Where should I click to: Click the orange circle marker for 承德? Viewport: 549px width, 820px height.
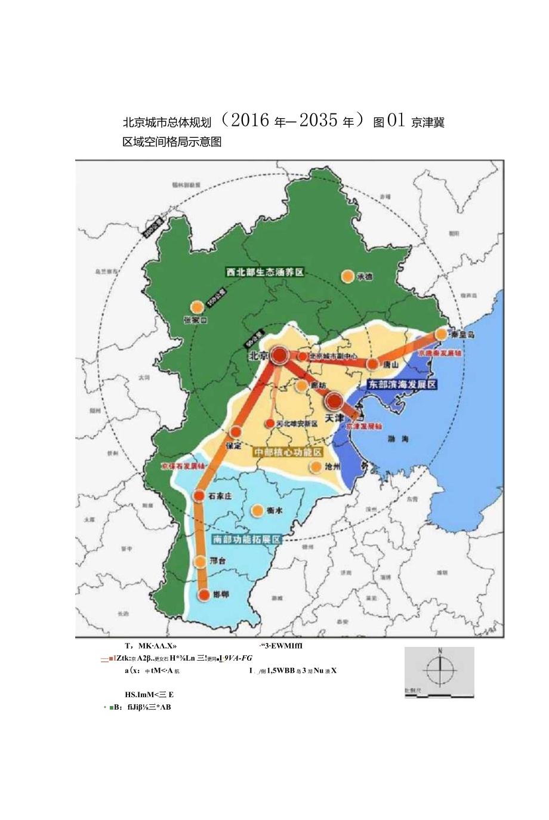click(347, 276)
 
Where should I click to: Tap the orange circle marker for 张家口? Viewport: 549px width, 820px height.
click(196, 307)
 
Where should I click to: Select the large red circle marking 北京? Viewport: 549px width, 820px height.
click(279, 356)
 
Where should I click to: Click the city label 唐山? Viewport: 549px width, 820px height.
click(391, 364)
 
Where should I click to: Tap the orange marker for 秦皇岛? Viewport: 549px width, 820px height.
click(441, 334)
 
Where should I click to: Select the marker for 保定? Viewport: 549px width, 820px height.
click(237, 431)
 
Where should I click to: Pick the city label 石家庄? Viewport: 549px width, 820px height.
click(220, 496)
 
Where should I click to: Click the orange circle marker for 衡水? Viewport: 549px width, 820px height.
click(257, 510)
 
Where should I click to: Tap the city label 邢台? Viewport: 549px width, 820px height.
click(218, 562)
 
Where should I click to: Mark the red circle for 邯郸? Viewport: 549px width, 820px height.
click(203, 595)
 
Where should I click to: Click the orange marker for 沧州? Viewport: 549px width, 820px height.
click(314, 467)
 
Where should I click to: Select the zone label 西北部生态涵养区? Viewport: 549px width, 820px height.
click(265, 272)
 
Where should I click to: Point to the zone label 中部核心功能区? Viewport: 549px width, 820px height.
click(288, 452)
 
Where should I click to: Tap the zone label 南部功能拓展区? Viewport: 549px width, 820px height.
click(246, 539)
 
